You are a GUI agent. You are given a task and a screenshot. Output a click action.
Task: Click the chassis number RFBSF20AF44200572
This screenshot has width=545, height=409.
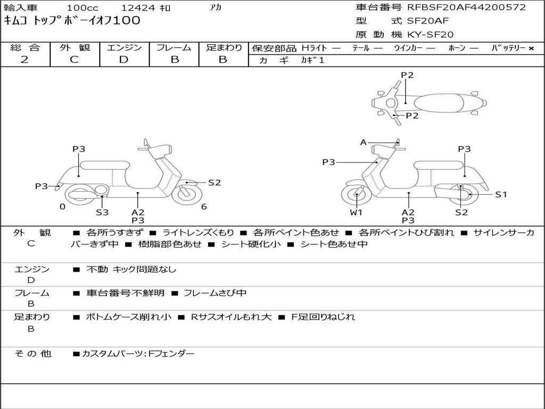[x=466, y=7]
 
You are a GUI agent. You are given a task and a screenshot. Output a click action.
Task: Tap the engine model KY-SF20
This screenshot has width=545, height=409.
[x=431, y=35]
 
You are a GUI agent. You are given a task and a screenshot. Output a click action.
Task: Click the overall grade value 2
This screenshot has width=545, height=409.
[x=24, y=60]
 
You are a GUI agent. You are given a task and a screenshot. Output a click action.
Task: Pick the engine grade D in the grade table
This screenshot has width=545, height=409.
[x=124, y=60]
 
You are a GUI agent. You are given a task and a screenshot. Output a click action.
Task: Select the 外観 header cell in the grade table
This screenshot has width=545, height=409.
[x=75, y=48]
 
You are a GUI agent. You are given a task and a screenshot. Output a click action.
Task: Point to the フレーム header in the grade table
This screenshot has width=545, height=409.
[x=174, y=48]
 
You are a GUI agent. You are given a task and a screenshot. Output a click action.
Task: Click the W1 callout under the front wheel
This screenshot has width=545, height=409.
[x=356, y=212]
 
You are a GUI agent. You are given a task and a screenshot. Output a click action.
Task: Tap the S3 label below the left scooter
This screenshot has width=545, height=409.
[x=102, y=212]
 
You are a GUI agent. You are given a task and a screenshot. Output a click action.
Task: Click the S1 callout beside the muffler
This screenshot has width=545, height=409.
[x=501, y=194]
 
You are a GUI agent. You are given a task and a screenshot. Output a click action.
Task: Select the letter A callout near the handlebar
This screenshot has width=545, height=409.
[x=364, y=142]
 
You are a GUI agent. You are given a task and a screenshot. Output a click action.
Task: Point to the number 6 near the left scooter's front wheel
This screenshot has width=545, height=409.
[x=204, y=207]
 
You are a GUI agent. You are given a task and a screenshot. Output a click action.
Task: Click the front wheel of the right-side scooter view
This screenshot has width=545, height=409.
[x=356, y=195]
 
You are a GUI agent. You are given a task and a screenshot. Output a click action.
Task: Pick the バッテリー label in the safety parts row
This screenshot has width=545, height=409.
[x=509, y=48]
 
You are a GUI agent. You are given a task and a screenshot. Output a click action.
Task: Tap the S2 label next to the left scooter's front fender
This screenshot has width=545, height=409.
[x=214, y=183]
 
